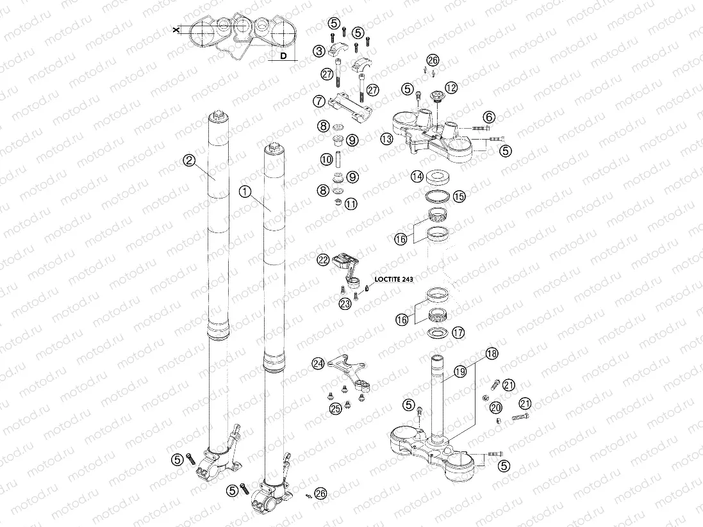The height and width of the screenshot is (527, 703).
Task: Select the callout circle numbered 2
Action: tap(188, 161)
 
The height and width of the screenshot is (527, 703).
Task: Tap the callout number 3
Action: tap(318, 51)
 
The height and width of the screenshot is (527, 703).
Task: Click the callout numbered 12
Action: tap(451, 87)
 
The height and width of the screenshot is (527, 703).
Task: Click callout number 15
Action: tap(458, 195)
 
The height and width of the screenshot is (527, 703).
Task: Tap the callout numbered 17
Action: tap(458, 332)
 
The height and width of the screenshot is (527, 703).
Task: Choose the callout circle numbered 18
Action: tap(491, 353)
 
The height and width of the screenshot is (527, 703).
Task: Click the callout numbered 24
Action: tap(318, 364)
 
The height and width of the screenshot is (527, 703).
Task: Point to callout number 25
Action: tap(336, 408)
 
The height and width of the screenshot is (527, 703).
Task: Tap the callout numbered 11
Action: tap(351, 204)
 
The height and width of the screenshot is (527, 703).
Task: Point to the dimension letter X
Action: tap(176, 30)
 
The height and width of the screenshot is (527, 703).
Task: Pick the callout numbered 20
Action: tap(495, 408)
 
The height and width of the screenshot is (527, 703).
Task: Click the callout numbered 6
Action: tap(489, 117)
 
